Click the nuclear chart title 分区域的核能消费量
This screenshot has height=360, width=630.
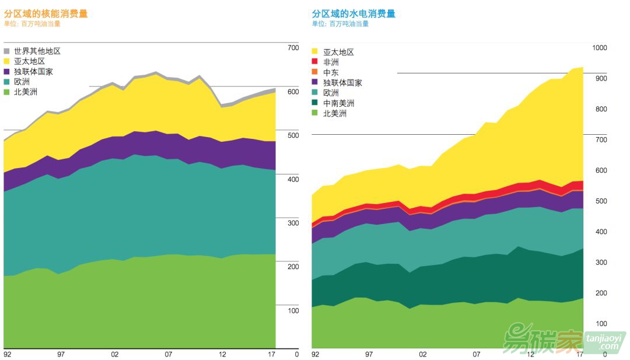(45, 13)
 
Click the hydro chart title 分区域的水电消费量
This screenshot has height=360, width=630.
(353, 13)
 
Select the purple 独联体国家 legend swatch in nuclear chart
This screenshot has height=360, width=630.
(7, 72)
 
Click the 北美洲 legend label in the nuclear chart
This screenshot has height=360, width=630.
(26, 92)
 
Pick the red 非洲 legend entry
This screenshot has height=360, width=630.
(331, 62)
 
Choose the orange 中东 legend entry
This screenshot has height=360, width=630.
(331, 72)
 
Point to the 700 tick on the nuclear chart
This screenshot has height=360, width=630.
(293, 48)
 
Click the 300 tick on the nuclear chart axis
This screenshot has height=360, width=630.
(293, 223)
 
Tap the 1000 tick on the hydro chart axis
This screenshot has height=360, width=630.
(599, 48)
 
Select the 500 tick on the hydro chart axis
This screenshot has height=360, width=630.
(601, 201)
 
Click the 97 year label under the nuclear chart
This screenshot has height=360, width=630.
(61, 354)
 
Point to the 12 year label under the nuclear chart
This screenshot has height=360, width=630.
(222, 354)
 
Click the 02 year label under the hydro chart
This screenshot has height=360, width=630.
(423, 354)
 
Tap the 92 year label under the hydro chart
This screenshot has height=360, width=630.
(316, 354)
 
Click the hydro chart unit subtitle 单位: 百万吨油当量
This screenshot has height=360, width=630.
(340, 24)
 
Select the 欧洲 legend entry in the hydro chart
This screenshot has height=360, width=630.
(331, 93)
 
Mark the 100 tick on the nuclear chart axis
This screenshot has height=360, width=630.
(293, 310)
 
